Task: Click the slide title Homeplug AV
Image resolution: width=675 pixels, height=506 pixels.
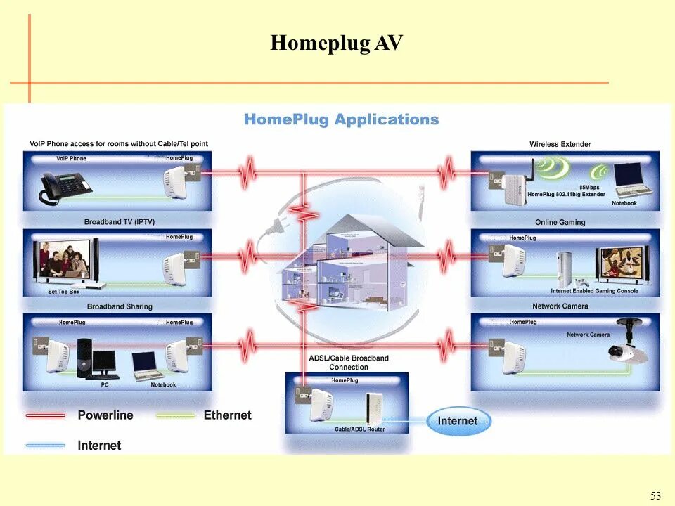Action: pyautogui.click(x=337, y=44)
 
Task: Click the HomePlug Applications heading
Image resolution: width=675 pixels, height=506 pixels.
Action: pyautogui.click(x=341, y=119)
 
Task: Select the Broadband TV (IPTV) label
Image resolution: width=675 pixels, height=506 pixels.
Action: pyautogui.click(x=119, y=222)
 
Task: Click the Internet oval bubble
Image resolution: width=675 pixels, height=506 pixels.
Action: pyautogui.click(x=458, y=421)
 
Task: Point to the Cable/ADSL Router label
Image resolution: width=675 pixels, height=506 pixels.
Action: pyautogui.click(x=359, y=429)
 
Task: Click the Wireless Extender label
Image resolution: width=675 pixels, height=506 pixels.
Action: pyautogui.click(x=560, y=144)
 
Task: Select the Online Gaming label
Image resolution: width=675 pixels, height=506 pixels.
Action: pyautogui.click(x=560, y=223)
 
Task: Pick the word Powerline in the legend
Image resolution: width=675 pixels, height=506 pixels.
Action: pyautogui.click(x=105, y=415)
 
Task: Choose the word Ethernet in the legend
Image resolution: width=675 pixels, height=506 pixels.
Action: pyautogui.click(x=227, y=415)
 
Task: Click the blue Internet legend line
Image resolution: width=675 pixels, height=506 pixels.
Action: pyautogui.click(x=46, y=445)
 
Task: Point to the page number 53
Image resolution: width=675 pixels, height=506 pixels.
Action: pyautogui.click(x=655, y=496)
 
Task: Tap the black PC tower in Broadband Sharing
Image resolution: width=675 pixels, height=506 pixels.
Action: pyautogui.click(x=85, y=358)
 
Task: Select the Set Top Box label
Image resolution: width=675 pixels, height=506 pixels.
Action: pyautogui.click(x=64, y=292)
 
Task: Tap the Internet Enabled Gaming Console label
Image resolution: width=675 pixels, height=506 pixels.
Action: pyautogui.click(x=594, y=291)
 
